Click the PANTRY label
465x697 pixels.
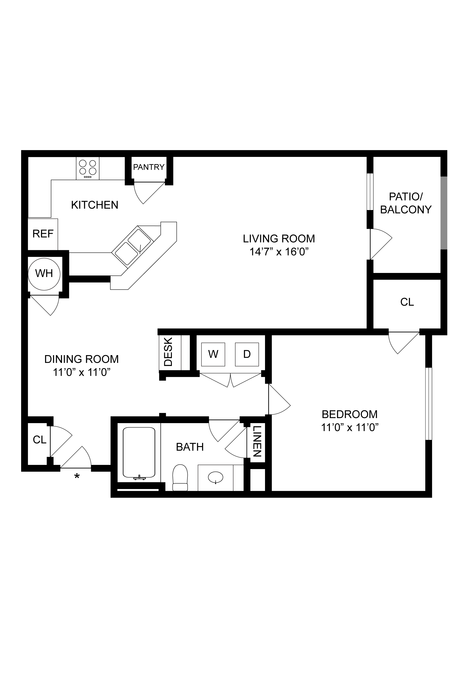(149, 167)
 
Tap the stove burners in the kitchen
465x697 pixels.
(88, 168)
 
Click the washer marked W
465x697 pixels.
(213, 354)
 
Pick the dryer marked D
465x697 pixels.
(247, 354)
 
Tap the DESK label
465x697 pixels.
(168, 352)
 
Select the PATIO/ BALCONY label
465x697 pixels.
(406, 203)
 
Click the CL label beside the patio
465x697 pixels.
(407, 302)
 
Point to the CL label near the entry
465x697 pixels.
(40, 440)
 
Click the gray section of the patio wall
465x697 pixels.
(444, 213)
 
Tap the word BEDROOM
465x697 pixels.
(350, 414)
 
